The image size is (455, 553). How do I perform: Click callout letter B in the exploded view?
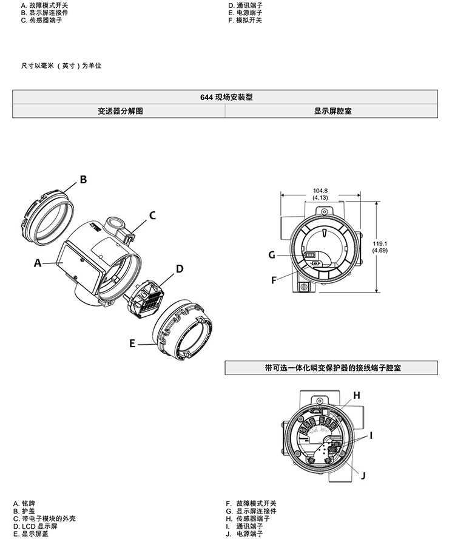pos(83,180)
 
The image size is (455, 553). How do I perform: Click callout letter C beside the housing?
pos(152,215)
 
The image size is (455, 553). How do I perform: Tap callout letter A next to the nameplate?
pos(38,263)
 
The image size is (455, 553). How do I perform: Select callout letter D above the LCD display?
pos(180,269)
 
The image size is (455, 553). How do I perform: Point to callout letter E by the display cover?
pos(132,344)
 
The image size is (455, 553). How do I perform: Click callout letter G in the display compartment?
pos(272,255)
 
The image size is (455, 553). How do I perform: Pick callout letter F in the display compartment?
pos(274,280)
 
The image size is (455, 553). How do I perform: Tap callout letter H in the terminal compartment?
pos(357,395)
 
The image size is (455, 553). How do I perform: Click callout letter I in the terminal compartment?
pos(371,436)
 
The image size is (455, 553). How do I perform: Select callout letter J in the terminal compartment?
pos(363,476)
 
